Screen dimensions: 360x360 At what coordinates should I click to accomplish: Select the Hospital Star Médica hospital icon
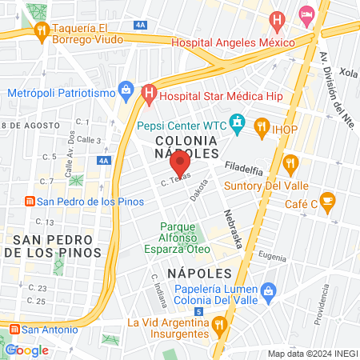pos(148,94)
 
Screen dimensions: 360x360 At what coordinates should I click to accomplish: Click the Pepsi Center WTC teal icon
pos(237,122)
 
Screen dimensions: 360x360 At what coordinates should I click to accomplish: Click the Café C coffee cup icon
pos(326,200)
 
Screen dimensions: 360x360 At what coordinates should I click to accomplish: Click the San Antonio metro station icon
pos(13,329)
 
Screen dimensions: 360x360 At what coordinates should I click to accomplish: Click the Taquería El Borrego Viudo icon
pos(41,30)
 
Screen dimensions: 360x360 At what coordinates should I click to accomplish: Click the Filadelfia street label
pos(244,170)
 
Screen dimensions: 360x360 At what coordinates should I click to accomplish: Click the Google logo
pos(26,350)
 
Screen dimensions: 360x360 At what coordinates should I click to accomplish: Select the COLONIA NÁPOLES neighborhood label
pos(182,146)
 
